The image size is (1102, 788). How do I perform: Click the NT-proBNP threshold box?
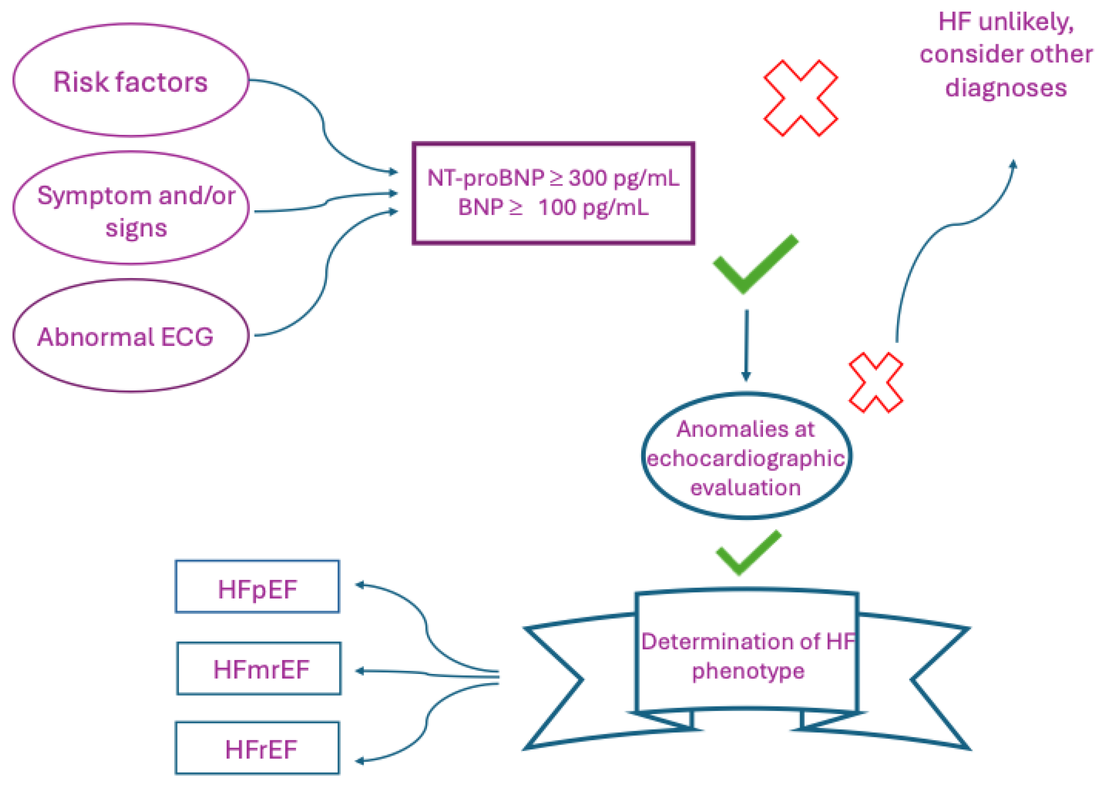(553, 193)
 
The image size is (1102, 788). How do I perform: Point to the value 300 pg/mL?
(624, 179)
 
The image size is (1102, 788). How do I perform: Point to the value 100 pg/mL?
(593, 208)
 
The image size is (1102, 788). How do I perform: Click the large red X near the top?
(800, 98)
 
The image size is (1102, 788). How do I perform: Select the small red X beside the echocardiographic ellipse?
(876, 383)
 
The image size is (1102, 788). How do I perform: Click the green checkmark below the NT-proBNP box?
(754, 265)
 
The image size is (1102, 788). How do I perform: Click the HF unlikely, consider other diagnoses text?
(1005, 54)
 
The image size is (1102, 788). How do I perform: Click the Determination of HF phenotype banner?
(747, 655)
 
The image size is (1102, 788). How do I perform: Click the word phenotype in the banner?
(748, 671)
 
